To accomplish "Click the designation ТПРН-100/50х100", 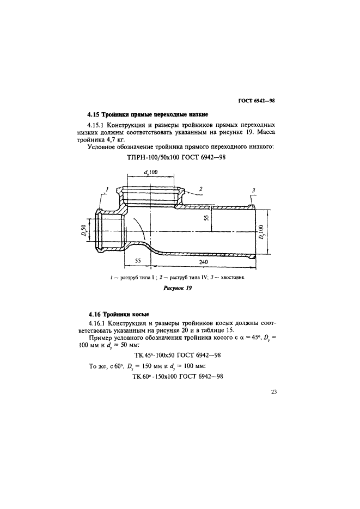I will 152,157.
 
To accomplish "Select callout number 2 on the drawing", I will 201,188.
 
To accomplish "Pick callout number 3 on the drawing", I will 253,190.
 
